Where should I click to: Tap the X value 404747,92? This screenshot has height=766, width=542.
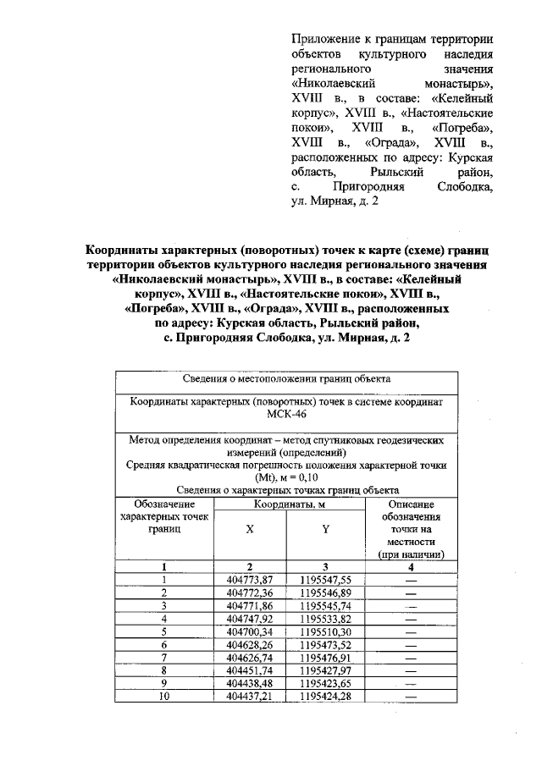tap(251, 618)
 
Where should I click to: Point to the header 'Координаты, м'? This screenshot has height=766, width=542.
tap(288, 504)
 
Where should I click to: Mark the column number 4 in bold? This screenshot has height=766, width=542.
tap(412, 567)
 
